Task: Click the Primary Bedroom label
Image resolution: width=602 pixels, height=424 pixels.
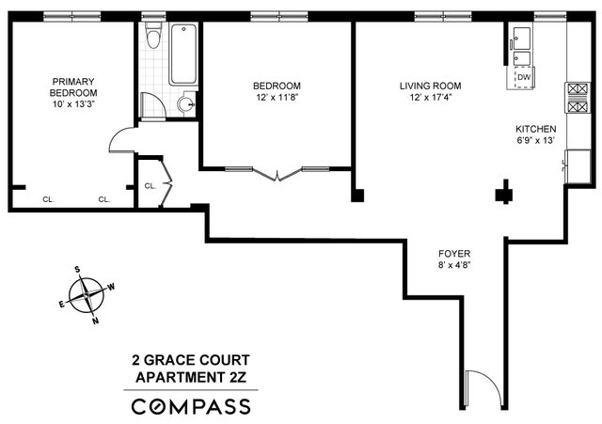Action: (x=73, y=86)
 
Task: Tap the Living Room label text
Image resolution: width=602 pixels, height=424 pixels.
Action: (x=430, y=86)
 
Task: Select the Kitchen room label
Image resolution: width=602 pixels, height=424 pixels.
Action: (x=535, y=129)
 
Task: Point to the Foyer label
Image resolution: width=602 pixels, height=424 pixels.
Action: (x=454, y=255)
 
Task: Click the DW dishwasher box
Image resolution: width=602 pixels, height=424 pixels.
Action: (x=523, y=77)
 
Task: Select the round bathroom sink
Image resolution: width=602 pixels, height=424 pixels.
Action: (x=186, y=104)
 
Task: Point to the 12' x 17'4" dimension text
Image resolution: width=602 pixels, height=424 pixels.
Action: (x=430, y=97)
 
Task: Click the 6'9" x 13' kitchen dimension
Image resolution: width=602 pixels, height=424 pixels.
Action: (x=535, y=141)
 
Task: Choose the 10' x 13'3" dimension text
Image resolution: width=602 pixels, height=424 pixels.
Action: (x=73, y=103)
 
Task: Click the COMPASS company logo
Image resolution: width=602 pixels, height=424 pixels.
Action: (x=191, y=406)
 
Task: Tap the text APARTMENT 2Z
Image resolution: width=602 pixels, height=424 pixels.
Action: (x=191, y=377)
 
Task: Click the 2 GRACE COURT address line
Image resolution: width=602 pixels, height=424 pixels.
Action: (x=191, y=360)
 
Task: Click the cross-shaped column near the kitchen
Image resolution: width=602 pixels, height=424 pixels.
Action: (x=506, y=195)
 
